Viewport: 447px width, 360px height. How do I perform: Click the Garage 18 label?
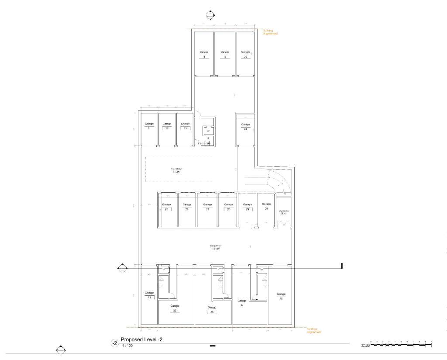(x=203, y=54)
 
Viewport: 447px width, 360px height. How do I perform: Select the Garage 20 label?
(x=246, y=54)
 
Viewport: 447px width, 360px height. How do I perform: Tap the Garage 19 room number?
(x=225, y=57)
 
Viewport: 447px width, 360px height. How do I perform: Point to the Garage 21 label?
(x=149, y=126)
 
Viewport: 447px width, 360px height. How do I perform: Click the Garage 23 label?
(x=185, y=126)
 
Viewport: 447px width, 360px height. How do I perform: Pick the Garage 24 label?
(x=246, y=126)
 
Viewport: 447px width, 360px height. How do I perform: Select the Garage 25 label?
(x=166, y=207)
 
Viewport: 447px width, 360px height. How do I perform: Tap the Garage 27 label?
(x=207, y=207)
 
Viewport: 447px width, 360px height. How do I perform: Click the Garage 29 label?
(x=248, y=207)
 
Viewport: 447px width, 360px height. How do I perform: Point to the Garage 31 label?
(x=149, y=295)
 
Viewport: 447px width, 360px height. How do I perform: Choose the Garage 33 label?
(x=212, y=309)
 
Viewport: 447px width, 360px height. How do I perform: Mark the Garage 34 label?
(x=241, y=303)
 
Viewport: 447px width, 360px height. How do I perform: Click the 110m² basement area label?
(x=176, y=170)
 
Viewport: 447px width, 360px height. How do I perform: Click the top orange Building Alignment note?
(x=270, y=32)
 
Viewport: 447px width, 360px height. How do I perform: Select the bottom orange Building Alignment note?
(x=314, y=330)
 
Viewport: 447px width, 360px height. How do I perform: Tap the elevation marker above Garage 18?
(x=210, y=14)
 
